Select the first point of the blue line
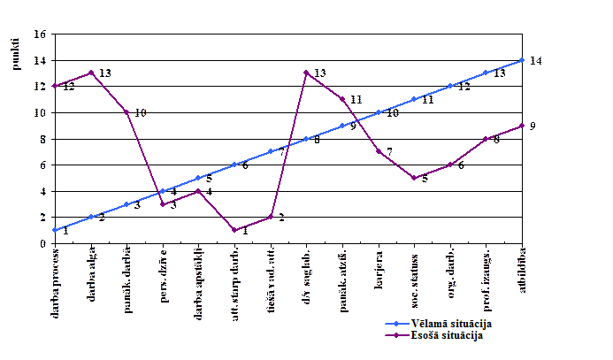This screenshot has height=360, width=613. pos(55,230)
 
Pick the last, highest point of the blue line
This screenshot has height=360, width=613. pos(522,60)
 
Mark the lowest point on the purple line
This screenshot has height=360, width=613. pos(234,230)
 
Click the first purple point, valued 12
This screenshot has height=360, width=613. pos(55,86)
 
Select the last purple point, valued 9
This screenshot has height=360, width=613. pos(522,126)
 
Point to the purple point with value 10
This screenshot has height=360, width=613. pos(126,112)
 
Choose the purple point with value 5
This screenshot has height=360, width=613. pos(414,178)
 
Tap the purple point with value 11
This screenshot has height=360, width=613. pos(342,99)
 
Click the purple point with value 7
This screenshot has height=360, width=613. pos(379,151)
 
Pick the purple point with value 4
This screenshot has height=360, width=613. pos(198,191)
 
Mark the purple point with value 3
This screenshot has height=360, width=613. pos(163,204)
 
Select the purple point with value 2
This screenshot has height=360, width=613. pos(271,217)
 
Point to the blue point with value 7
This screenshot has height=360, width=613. pos(271,151)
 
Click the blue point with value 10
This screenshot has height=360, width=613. pos(379,112)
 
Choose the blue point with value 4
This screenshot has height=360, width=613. pos(163,191)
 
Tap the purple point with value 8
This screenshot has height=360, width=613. pos(486,139)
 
